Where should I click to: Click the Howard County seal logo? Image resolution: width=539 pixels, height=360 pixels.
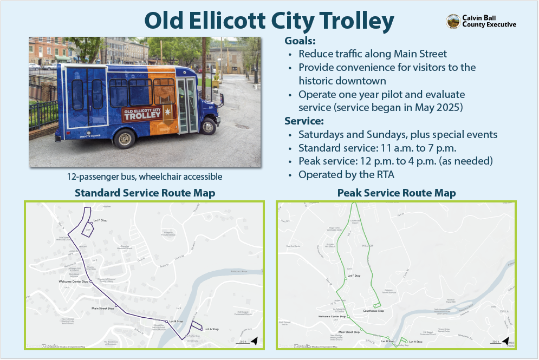coord(453,21)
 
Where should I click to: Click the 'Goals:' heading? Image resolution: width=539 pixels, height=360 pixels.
coord(300,41)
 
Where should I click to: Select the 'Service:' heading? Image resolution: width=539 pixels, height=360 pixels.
coord(304,121)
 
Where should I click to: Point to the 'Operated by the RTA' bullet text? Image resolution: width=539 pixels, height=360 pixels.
coord(341,174)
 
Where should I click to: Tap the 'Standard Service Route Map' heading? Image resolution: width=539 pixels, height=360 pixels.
coord(145,193)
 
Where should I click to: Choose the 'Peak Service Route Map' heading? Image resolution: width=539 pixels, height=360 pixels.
coord(396,193)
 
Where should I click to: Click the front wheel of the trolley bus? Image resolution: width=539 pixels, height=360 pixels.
coord(207,127)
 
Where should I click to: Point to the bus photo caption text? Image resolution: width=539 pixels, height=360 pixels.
coord(145,176)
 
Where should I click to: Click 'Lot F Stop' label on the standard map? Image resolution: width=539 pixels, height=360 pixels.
coord(101,220)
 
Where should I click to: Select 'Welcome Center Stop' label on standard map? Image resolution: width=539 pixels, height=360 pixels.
coord(73,282)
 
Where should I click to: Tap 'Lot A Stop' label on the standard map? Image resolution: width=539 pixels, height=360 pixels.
coord(211,329)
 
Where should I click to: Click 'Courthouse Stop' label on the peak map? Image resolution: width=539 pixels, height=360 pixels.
coord(373,311)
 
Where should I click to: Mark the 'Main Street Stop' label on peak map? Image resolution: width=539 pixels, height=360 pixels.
coord(349,331)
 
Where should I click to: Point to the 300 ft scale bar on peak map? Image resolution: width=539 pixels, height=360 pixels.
coord(495,342)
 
